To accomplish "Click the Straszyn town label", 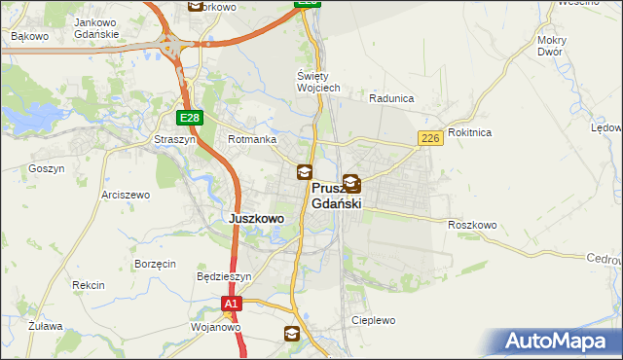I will [175, 139].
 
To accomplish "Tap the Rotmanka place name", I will [251, 139].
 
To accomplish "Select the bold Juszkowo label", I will [256, 219].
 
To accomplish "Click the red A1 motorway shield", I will [230, 305].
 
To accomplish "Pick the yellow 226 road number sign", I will [431, 139].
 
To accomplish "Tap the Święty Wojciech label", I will [317, 82].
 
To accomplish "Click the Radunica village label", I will [392, 98].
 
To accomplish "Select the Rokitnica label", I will [470, 132].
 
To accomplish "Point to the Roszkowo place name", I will [473, 225].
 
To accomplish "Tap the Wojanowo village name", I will [216, 327].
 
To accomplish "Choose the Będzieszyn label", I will [224, 276].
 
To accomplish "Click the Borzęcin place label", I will [155, 264].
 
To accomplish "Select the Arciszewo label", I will [126, 195].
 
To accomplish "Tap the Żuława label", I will [45, 326].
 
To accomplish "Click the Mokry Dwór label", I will [551, 46].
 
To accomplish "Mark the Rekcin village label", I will [88, 285].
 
